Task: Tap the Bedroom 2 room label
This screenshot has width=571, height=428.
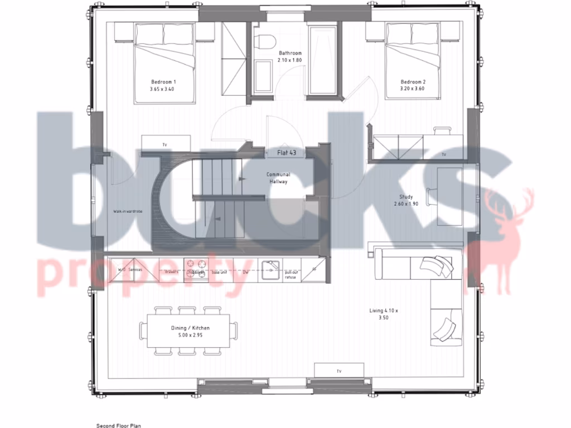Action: click(x=412, y=81)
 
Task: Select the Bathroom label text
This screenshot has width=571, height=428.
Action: click(x=289, y=53)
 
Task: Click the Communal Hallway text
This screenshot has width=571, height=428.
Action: click(x=278, y=178)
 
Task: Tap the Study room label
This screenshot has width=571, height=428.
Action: click(x=405, y=197)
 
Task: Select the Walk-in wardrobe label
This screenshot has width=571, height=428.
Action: click(x=129, y=212)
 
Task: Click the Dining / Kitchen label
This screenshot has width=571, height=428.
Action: click(x=190, y=328)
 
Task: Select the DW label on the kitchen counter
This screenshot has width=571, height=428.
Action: click(x=246, y=272)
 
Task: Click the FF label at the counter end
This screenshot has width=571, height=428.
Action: click(x=314, y=269)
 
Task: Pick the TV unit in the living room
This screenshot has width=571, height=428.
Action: click(x=338, y=370)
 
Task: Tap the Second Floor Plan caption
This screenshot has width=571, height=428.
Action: click(x=119, y=426)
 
